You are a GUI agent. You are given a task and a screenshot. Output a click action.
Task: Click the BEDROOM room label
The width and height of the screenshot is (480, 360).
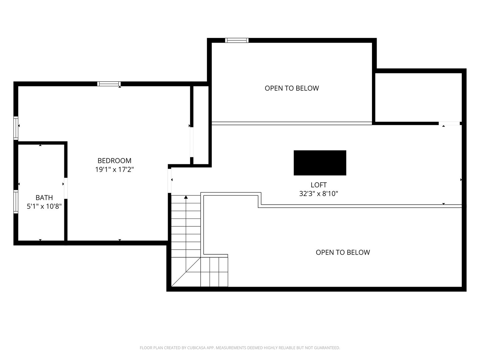pyautogui.click(x=114, y=160)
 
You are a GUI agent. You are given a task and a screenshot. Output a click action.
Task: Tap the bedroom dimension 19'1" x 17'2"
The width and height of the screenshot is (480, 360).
pyautogui.click(x=114, y=169)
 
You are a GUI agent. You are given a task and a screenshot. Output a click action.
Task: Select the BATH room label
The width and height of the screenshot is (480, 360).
pyautogui.click(x=44, y=198)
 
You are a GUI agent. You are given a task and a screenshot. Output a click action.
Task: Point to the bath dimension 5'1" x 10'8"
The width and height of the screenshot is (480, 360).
pyautogui.click(x=44, y=206)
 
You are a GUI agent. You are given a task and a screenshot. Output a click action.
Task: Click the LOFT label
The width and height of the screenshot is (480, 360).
pyautogui.click(x=318, y=185)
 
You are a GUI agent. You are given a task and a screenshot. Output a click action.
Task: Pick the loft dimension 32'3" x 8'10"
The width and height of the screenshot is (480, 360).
pyautogui.click(x=318, y=193)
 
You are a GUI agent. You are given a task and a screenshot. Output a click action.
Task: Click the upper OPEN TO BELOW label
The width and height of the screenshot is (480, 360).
pyautogui.click(x=292, y=88)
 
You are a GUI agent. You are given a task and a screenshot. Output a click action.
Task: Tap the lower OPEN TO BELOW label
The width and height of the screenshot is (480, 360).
pyautogui.click(x=343, y=252)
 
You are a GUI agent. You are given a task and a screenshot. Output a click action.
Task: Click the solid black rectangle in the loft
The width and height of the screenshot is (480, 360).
pyautogui.click(x=320, y=163)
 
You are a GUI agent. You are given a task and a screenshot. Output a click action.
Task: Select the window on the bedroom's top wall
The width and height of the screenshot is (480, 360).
pyautogui.click(x=109, y=84)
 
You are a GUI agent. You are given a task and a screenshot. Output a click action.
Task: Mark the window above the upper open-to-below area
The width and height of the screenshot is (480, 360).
pyautogui.click(x=237, y=40)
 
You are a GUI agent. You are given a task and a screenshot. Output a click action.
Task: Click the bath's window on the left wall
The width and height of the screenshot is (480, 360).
pyautogui.click(x=16, y=201)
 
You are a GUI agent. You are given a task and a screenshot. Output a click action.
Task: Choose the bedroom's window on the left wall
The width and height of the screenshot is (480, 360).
pyautogui.click(x=16, y=128)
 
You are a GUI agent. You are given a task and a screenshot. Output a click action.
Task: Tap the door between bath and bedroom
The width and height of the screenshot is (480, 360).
pyautogui.click(x=66, y=188)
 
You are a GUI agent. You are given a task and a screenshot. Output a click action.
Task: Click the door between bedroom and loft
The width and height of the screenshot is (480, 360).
pyautogui.click(x=170, y=181)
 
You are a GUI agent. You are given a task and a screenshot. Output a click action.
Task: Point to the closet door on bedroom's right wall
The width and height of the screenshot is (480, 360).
pyautogui.click(x=192, y=142)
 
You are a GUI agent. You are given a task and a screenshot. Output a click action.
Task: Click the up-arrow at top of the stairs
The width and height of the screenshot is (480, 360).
pyautogui.click(x=186, y=197)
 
